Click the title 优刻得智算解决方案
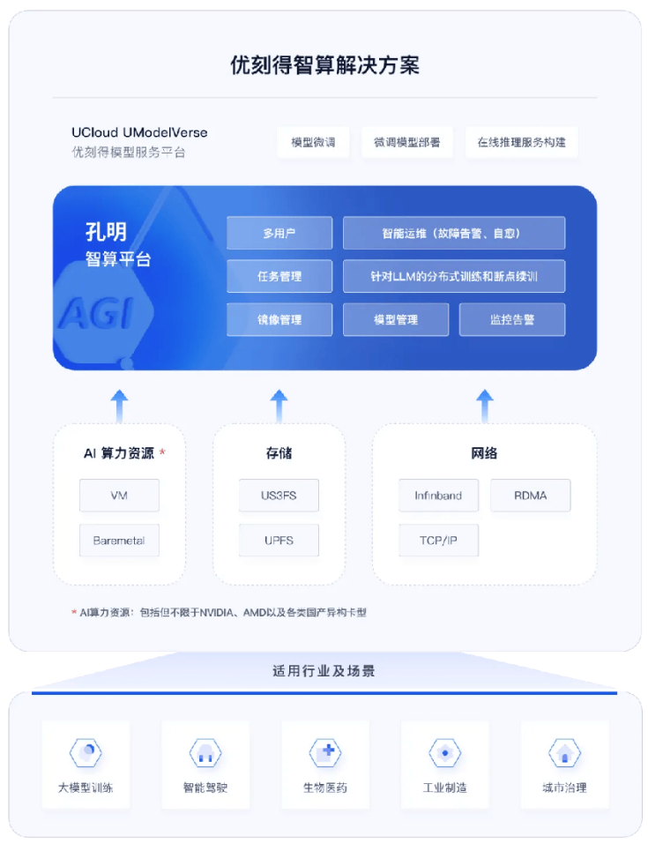coord(324,65)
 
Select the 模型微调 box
coord(312,142)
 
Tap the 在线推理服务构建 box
coord(521,142)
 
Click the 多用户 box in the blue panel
coord(279,234)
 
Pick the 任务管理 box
coord(279,276)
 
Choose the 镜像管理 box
coord(279,319)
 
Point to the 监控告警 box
coord(511,319)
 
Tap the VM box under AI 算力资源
coord(119,496)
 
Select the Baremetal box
coord(119,540)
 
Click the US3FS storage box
coord(279,496)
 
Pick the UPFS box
coord(279,540)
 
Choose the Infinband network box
coord(437,496)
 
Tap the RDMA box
coord(530,496)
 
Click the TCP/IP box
coord(437,540)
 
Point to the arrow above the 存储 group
coord(279,405)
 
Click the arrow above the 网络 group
coord(484,405)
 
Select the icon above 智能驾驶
coord(205,753)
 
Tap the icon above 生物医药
coord(324,753)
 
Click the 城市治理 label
coord(564,788)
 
